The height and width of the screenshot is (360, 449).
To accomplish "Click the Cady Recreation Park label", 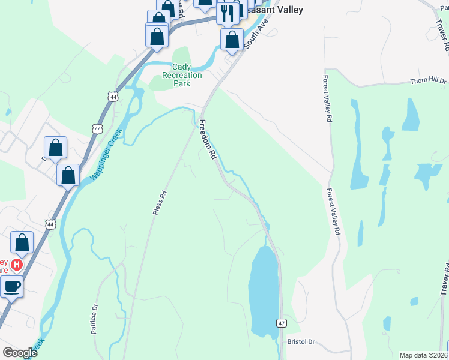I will [x=182, y=75].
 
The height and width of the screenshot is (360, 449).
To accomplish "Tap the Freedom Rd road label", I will [x=208, y=139].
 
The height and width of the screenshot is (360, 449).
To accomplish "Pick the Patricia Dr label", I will [x=94, y=323].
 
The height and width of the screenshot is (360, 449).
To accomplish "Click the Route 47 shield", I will [x=282, y=323].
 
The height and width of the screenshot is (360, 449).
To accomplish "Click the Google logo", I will [x=20, y=353].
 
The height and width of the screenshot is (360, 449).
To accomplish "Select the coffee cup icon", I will [x=11, y=286].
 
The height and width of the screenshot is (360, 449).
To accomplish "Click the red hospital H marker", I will [x=17, y=264].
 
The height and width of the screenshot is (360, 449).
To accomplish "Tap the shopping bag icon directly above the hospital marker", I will [x=22, y=242].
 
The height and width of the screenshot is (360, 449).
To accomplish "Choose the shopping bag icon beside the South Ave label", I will [x=232, y=40].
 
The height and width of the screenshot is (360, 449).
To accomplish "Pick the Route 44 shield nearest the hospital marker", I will [x=50, y=224].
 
